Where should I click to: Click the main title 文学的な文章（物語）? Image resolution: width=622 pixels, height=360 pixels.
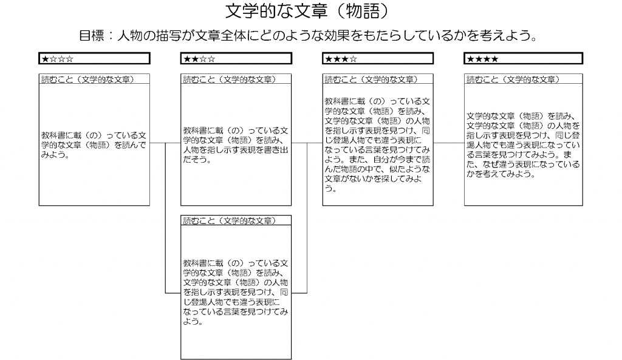point(307,11)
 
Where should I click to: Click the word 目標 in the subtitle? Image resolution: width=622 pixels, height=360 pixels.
point(92,36)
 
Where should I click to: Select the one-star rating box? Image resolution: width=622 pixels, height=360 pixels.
point(94,58)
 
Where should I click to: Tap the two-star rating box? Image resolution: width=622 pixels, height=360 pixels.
point(236,58)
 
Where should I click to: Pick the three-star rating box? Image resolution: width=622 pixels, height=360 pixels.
point(378,58)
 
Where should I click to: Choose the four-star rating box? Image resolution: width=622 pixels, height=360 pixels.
point(523,58)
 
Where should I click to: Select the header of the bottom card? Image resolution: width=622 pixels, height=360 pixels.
point(229,220)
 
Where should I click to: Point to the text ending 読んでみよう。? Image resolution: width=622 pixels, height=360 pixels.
point(94,144)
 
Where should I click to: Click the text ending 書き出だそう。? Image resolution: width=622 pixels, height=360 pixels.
point(236,144)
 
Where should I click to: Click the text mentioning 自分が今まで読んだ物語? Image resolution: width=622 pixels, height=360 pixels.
point(377,144)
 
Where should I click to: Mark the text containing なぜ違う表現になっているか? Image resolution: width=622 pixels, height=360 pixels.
point(523,144)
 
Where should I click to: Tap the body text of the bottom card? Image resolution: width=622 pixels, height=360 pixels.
point(236,292)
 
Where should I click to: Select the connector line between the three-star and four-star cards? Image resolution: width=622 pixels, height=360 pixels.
point(449,143)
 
